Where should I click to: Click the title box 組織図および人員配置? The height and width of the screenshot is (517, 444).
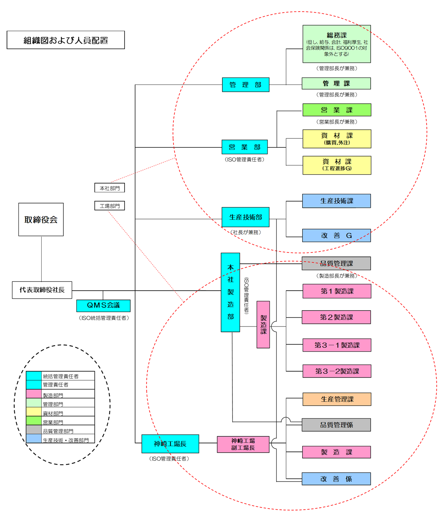point(66,40)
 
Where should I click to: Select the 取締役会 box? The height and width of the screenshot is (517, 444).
point(41,219)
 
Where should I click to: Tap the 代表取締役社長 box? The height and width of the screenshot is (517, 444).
point(42,290)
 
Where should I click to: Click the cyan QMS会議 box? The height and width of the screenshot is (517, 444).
point(103,305)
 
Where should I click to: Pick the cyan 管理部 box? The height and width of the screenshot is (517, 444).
point(246,85)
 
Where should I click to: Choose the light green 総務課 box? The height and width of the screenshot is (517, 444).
point(336,44)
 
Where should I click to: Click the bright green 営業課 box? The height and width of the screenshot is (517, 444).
point(336,110)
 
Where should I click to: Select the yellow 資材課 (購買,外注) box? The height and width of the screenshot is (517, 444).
point(336,139)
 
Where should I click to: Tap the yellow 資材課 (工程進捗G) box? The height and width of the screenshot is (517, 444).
point(336,165)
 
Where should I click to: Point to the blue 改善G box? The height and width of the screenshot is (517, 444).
point(336,236)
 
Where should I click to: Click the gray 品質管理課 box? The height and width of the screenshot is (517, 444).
point(336,264)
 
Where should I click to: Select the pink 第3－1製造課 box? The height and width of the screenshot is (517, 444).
point(336,345)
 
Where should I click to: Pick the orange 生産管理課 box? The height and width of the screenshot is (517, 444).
point(336,399)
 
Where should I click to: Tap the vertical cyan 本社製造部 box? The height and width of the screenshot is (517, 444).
point(230,292)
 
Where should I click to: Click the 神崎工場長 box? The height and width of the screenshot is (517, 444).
point(170,444)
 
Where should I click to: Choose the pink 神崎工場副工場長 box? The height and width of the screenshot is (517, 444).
point(243,444)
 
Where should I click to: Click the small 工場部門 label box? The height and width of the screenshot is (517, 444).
point(109,206)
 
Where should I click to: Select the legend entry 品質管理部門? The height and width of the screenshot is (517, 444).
point(58,431)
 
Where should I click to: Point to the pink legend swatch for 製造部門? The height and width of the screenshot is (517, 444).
point(34,394)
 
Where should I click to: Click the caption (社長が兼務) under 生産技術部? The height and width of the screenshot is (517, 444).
point(246,232)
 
